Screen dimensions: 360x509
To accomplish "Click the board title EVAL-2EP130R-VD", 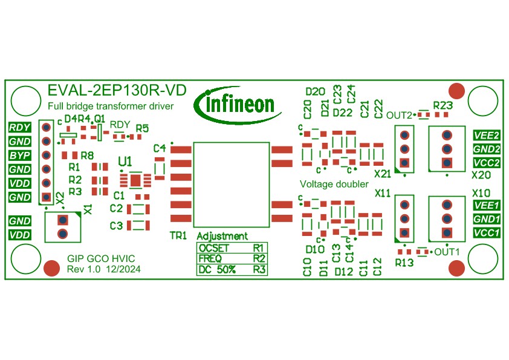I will (x=117, y=91).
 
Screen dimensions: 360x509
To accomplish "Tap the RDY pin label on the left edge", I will (x=20, y=127).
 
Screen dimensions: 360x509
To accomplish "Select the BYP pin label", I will (x=20, y=155).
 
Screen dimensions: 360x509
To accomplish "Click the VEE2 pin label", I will (x=486, y=135).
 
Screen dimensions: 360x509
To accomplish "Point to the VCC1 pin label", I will (x=486, y=233).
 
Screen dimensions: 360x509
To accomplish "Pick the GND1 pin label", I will (x=486, y=219).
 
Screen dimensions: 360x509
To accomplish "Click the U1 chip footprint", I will (x=136, y=180).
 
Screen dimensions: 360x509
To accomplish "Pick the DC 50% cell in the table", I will (x=217, y=270).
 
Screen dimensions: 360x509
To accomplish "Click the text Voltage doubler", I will (x=334, y=183).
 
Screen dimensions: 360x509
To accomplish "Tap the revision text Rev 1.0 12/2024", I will (x=104, y=269).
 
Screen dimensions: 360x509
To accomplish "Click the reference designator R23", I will (x=443, y=104).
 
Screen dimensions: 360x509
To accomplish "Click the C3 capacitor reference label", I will (x=116, y=226).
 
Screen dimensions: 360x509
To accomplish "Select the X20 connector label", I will (x=481, y=174).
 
